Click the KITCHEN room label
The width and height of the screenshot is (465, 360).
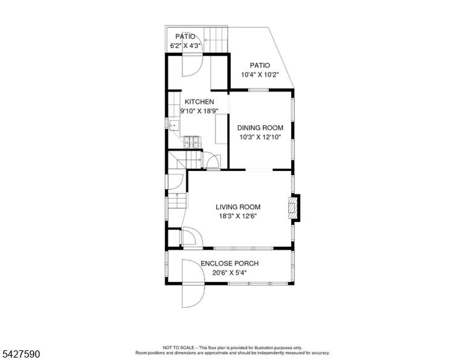tap(199, 102)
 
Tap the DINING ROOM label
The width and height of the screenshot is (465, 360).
tap(260, 128)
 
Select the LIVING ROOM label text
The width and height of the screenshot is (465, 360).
tap(238, 207)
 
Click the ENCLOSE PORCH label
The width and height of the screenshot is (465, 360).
tap(229, 263)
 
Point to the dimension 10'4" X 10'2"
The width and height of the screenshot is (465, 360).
tap(260, 75)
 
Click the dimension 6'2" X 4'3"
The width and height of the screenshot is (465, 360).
tap(186, 46)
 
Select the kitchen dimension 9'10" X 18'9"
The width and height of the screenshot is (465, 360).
tap(200, 111)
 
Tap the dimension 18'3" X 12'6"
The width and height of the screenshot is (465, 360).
tap(238, 216)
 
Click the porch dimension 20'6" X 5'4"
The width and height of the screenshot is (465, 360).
tap(229, 273)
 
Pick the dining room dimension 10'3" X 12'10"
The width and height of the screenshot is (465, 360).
tap(260, 137)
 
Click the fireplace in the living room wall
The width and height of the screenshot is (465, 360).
tap(292, 208)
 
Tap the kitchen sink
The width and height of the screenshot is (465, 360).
tap(174, 126)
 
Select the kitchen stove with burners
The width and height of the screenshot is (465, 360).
tap(193, 142)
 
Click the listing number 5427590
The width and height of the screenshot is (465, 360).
tap(21, 354)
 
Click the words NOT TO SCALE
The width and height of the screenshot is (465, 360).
tap(178, 347)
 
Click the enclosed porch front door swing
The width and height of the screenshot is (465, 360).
tap(193, 284)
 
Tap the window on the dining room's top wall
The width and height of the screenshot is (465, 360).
tap(259, 90)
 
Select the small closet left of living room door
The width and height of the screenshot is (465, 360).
tap(174, 238)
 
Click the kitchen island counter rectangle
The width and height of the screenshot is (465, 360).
tap(221, 130)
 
